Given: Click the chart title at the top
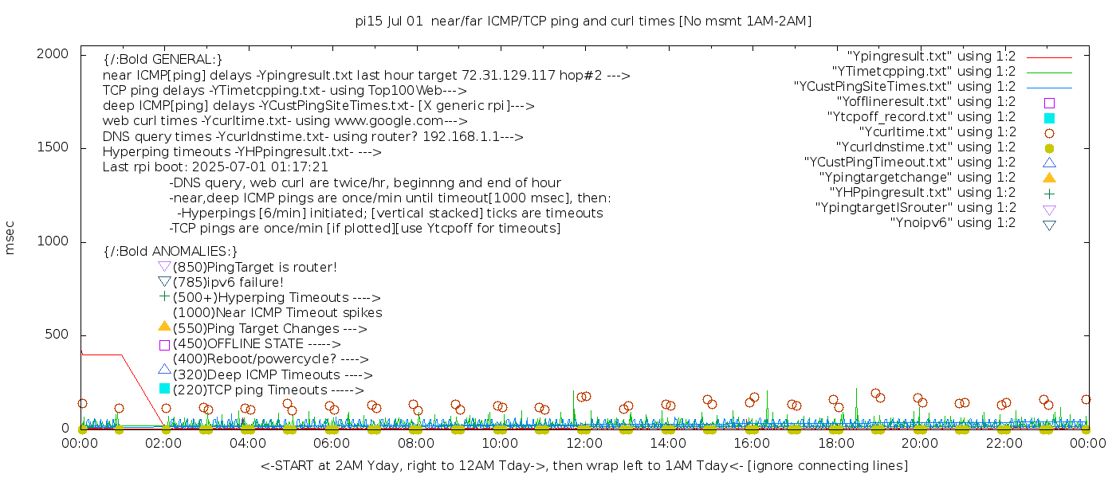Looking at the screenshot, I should click(584, 22).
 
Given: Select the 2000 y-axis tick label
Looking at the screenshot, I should click(57, 54).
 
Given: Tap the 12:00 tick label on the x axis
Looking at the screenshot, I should click(584, 443).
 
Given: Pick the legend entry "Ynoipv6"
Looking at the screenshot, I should click(953, 223).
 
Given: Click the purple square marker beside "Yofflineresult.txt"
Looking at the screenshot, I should click(1049, 103).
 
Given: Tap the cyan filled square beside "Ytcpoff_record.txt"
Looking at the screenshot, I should click(1049, 118).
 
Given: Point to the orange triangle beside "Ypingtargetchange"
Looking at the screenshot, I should click(1049, 178).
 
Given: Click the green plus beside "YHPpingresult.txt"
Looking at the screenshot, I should click(1049, 193).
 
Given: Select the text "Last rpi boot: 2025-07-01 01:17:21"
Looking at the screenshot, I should click(215, 167).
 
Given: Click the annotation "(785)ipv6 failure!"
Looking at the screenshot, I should click(228, 283).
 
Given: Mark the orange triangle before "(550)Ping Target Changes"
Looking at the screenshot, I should click(164, 326).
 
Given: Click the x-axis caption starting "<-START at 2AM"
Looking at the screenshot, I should click(584, 465).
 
